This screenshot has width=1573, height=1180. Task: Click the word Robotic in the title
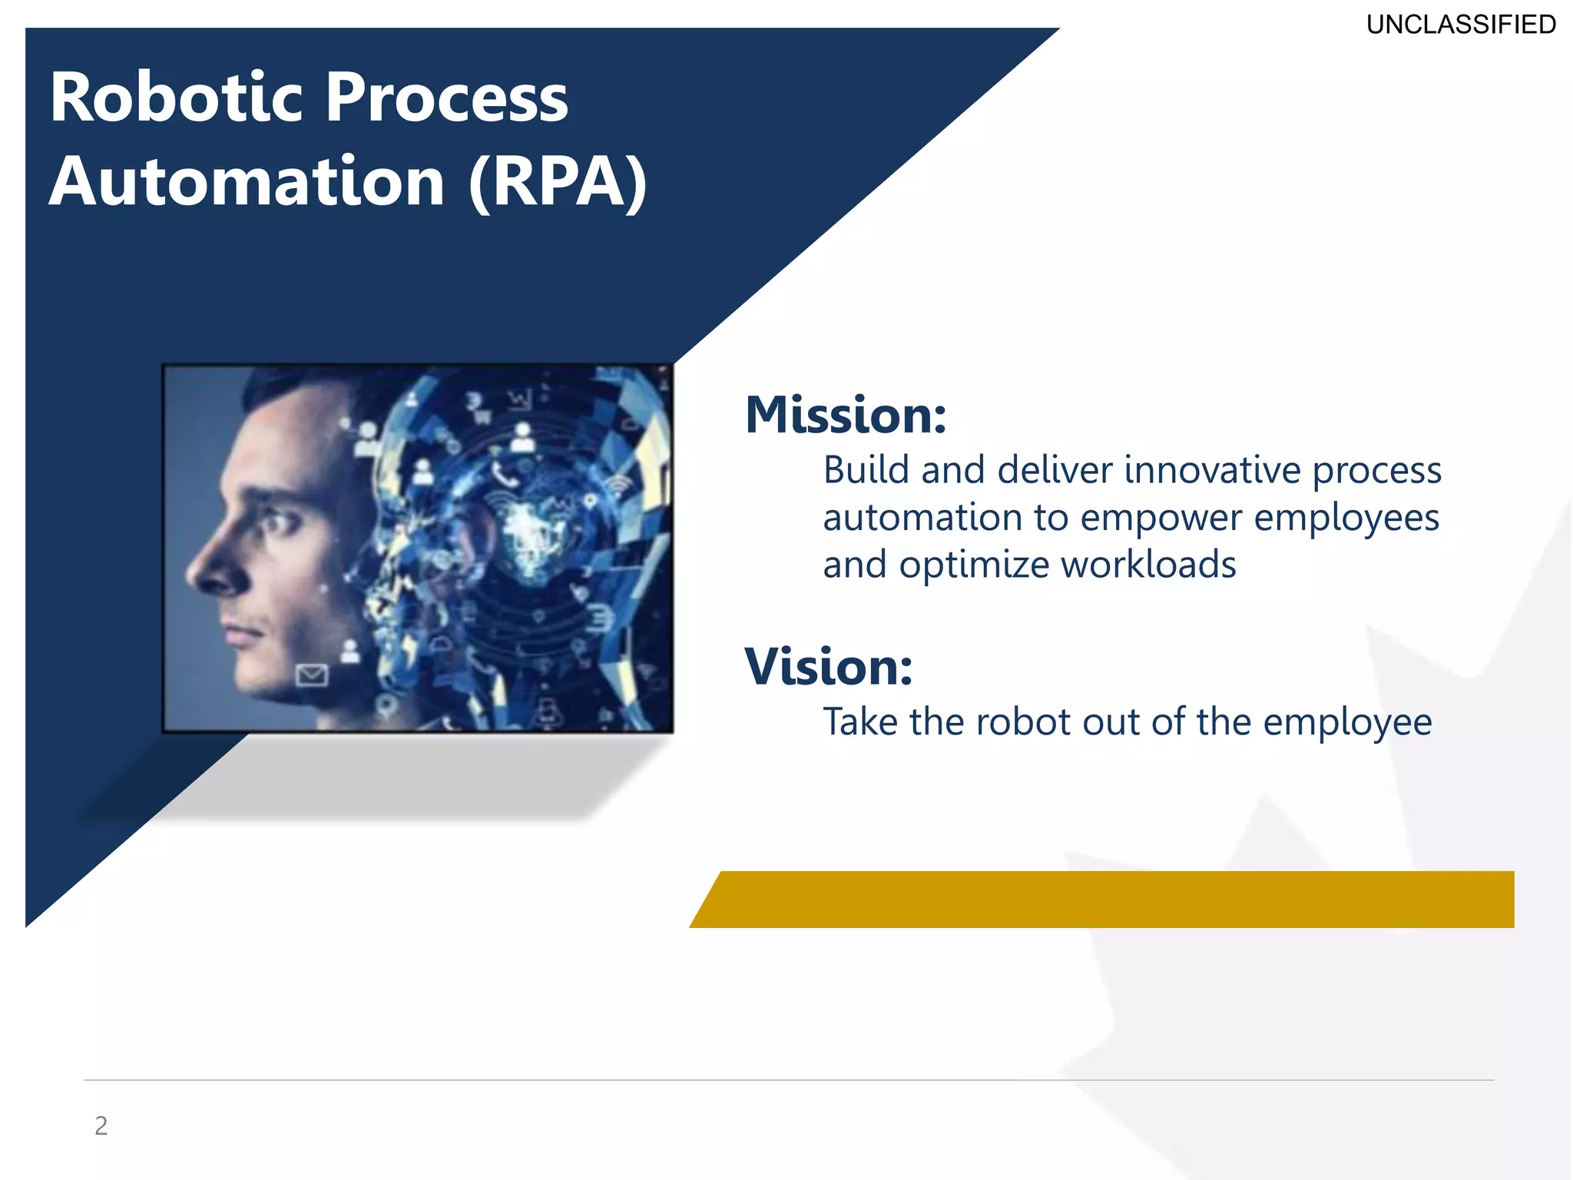pyautogui.click(x=177, y=98)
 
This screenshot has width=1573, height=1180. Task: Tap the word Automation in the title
pyautogui.click(x=247, y=182)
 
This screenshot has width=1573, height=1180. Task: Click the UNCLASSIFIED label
pyautogui.click(x=1461, y=25)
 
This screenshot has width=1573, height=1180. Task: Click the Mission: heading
pyautogui.click(x=846, y=416)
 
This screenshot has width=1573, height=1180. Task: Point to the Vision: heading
pyautogui.click(x=829, y=667)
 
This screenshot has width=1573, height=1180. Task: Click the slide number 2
pyautogui.click(x=101, y=1125)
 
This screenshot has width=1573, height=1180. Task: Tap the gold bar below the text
pyautogui.click(x=1106, y=900)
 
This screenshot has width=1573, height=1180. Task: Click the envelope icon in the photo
pyautogui.click(x=312, y=675)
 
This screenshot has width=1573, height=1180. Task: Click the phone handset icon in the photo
pyautogui.click(x=503, y=476)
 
